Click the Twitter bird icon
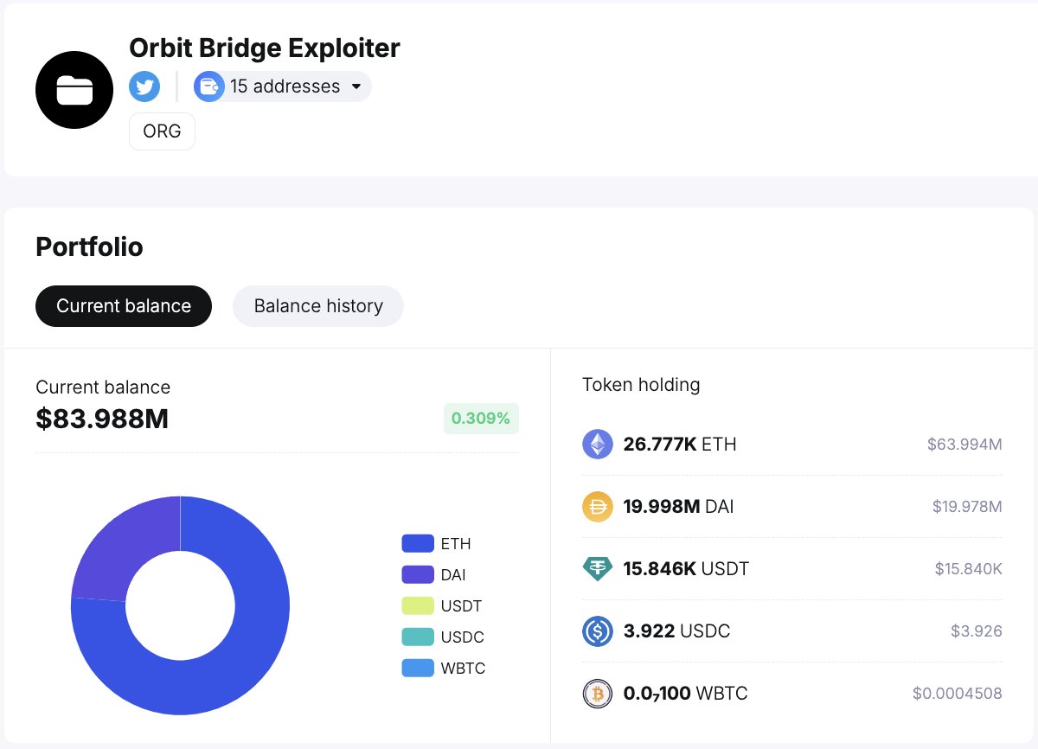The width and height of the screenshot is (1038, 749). (144, 86)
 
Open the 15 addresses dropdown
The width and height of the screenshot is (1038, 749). (283, 86)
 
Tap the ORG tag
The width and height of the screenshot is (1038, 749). (162, 132)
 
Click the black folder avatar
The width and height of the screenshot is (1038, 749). (74, 90)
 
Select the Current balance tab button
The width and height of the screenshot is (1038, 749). (124, 306)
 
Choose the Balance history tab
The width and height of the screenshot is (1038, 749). (318, 306)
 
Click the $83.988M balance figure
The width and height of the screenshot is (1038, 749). (102, 419)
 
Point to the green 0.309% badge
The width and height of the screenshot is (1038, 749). (481, 419)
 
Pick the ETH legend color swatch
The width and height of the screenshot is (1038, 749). (417, 544)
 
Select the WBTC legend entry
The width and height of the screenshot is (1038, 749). (443, 669)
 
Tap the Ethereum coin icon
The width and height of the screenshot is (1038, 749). (597, 445)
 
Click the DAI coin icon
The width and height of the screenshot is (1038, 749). (597, 507)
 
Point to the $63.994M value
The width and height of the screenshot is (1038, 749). (964, 445)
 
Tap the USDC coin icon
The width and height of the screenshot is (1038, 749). (597, 631)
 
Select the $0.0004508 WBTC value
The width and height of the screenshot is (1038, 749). (957, 694)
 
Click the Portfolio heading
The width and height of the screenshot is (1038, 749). (89, 247)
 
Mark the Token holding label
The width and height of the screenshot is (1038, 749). (641, 385)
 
